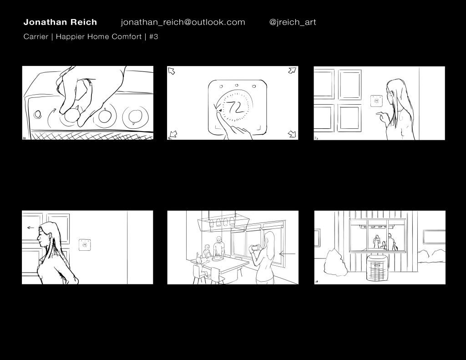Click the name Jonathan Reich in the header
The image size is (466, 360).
pos(60,22)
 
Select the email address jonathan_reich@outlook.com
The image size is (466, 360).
pos(183,22)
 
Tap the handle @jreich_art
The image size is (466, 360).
pos(293,22)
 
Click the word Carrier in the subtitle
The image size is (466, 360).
pos(35,36)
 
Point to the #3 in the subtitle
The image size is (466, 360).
pos(154,36)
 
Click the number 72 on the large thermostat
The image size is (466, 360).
pos(235,107)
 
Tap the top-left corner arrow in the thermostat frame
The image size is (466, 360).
pos(172,71)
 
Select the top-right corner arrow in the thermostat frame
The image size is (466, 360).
pos(293,71)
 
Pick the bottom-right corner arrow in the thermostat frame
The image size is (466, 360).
pos(293,134)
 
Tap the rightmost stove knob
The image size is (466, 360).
pos(136,116)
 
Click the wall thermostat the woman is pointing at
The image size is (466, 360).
pos(376,101)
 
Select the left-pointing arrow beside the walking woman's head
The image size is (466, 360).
pos(30,228)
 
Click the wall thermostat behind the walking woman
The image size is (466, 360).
pos(85,245)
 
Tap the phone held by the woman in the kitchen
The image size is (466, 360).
pos(255,247)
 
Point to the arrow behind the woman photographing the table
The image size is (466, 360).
pos(288,254)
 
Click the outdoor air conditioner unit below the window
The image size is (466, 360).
pos(377,268)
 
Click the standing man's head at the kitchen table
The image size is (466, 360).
pos(219,239)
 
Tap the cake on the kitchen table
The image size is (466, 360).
pos(218,258)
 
